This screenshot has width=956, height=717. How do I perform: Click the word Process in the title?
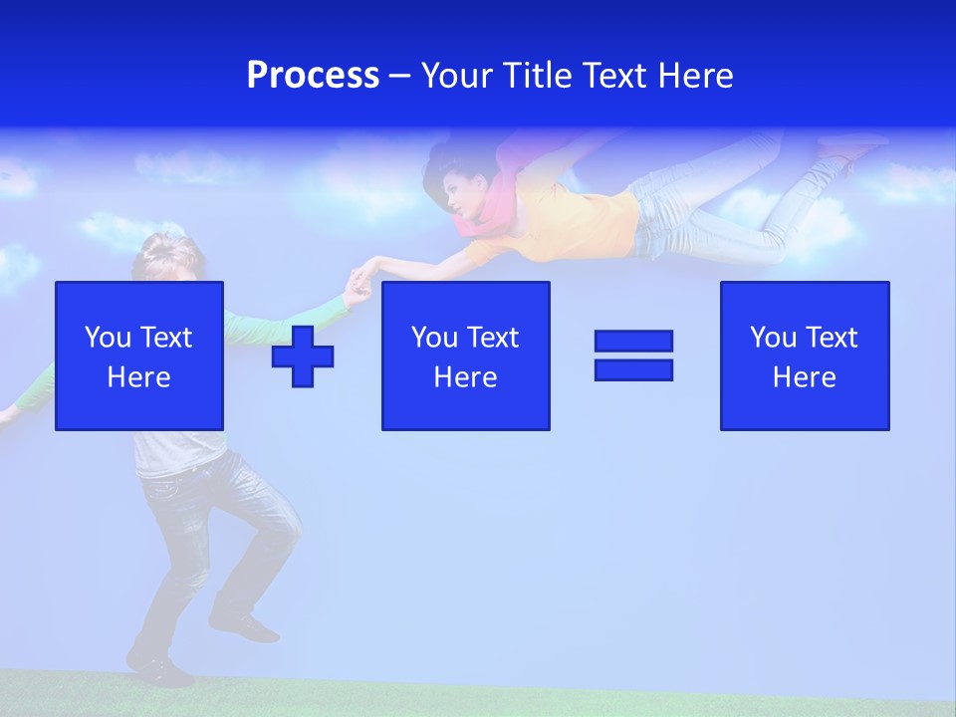click(x=313, y=76)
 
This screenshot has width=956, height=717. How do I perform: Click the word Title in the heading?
click(x=535, y=76)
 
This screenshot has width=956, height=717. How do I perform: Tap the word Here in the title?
click(x=692, y=76)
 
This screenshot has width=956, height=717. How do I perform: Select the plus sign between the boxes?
click(x=303, y=356)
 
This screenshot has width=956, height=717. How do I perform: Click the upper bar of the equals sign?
click(x=633, y=341)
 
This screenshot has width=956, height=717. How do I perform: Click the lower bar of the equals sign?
click(x=633, y=369)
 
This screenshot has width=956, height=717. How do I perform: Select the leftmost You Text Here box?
click(x=139, y=356)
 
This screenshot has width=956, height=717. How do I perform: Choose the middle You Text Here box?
click(x=465, y=356)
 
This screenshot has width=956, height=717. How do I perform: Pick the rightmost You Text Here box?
click(x=805, y=356)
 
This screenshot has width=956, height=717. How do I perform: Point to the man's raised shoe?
click(x=244, y=626)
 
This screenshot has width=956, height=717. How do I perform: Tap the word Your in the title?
click(x=458, y=76)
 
